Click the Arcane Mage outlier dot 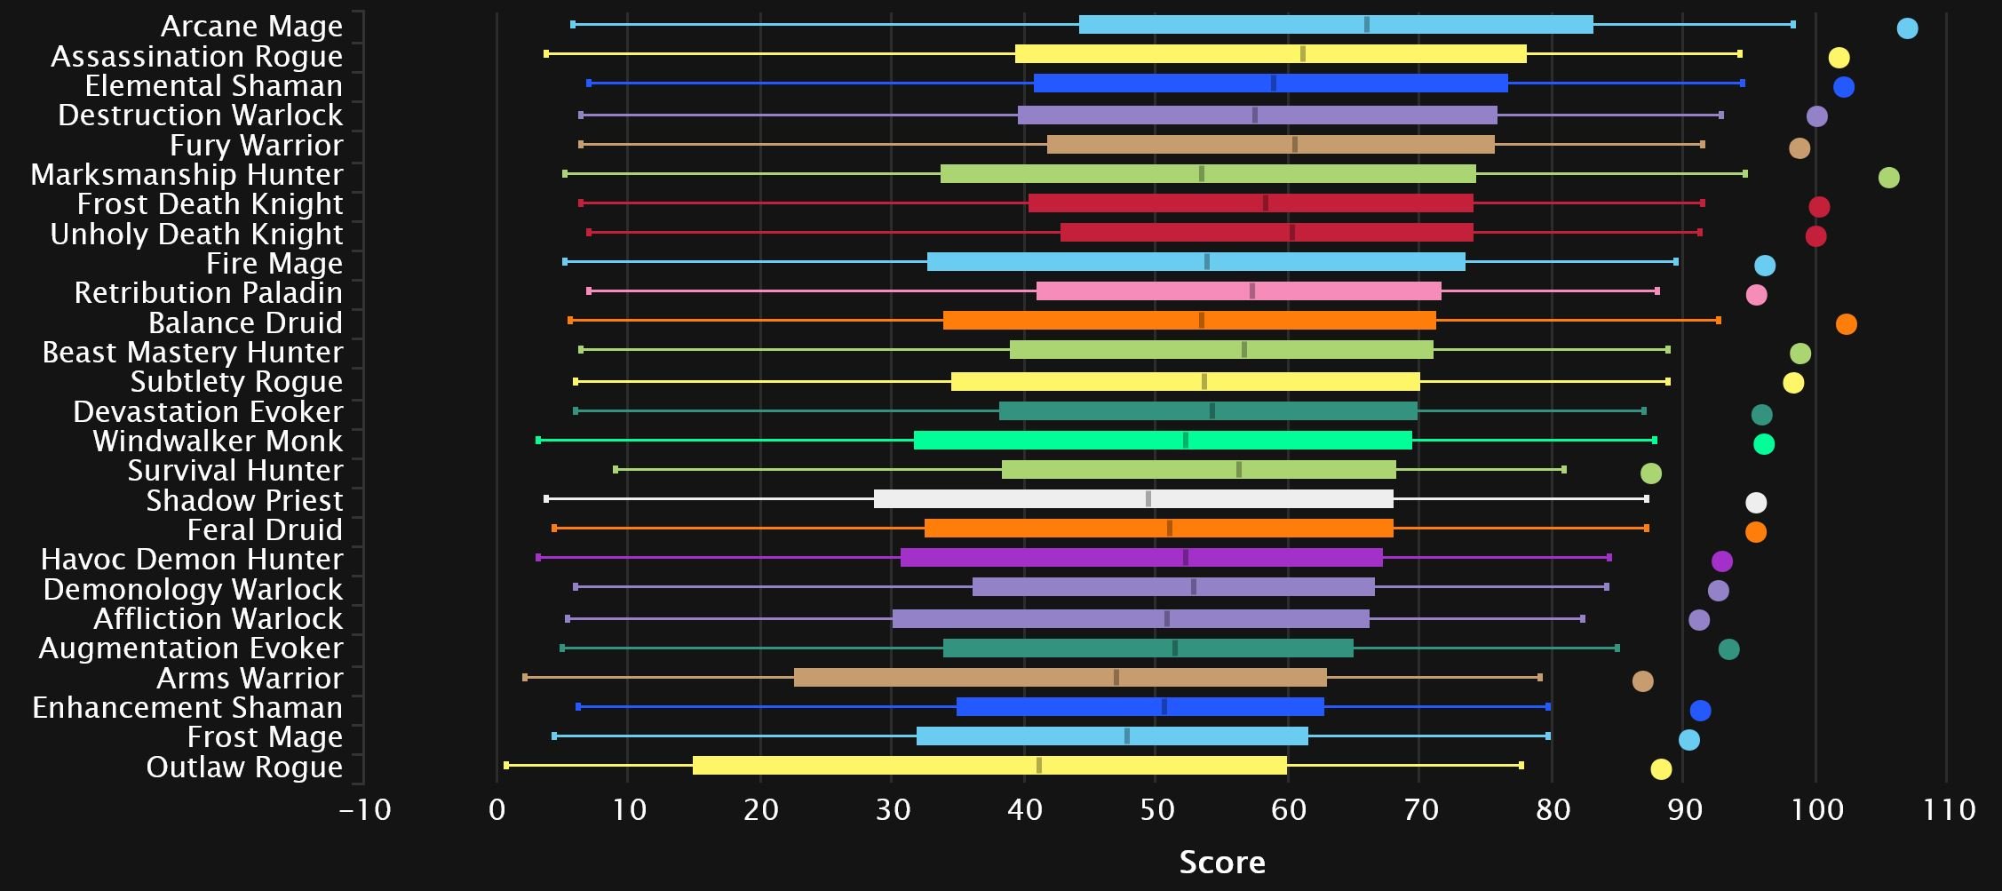coord(1907,28)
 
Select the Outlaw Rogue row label coord(244,767)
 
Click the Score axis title coord(1222,862)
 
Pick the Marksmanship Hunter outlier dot coord(1888,178)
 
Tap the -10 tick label coord(365,809)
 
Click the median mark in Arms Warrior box coord(1116,677)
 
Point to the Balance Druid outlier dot coord(1846,324)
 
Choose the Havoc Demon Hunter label coord(192,560)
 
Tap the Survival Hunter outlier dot coord(1650,473)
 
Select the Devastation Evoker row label coord(208,411)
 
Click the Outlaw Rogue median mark coord(1039,766)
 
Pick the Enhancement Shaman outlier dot coord(1700,711)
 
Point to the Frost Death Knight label coord(210,204)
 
